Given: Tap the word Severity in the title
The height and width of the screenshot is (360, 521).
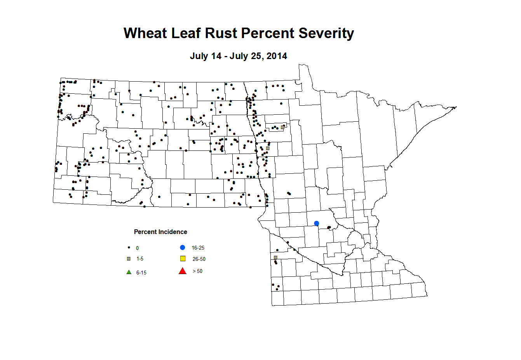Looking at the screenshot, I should [x=326, y=33].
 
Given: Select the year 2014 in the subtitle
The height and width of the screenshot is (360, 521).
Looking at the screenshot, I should [x=277, y=56].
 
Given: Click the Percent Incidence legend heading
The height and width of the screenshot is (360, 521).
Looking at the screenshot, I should [x=160, y=232].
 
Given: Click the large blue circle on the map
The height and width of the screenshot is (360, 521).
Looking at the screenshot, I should [x=317, y=223].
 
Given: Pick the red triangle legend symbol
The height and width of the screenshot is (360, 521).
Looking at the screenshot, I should [x=183, y=271].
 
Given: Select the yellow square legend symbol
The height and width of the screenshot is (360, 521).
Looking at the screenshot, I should [x=183, y=259].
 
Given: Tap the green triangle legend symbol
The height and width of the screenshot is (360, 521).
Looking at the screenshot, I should [x=129, y=272].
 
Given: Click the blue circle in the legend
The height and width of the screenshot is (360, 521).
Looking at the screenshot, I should [x=183, y=247].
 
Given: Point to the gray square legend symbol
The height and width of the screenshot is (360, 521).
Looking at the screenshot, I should [x=129, y=259].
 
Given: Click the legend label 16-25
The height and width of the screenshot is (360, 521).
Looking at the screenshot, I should [x=198, y=248].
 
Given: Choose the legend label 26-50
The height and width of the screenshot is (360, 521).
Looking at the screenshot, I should [x=199, y=259].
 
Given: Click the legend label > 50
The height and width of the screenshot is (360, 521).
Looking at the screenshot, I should [x=197, y=271].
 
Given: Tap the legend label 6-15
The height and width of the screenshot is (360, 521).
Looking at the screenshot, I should [x=141, y=273].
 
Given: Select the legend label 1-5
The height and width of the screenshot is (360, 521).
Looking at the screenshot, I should [x=140, y=259].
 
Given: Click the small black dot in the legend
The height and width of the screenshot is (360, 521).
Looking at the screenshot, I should [x=129, y=248].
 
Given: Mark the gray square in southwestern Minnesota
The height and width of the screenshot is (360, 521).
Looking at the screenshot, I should [x=275, y=258].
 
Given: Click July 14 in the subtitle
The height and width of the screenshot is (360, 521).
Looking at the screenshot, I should [x=206, y=56].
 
